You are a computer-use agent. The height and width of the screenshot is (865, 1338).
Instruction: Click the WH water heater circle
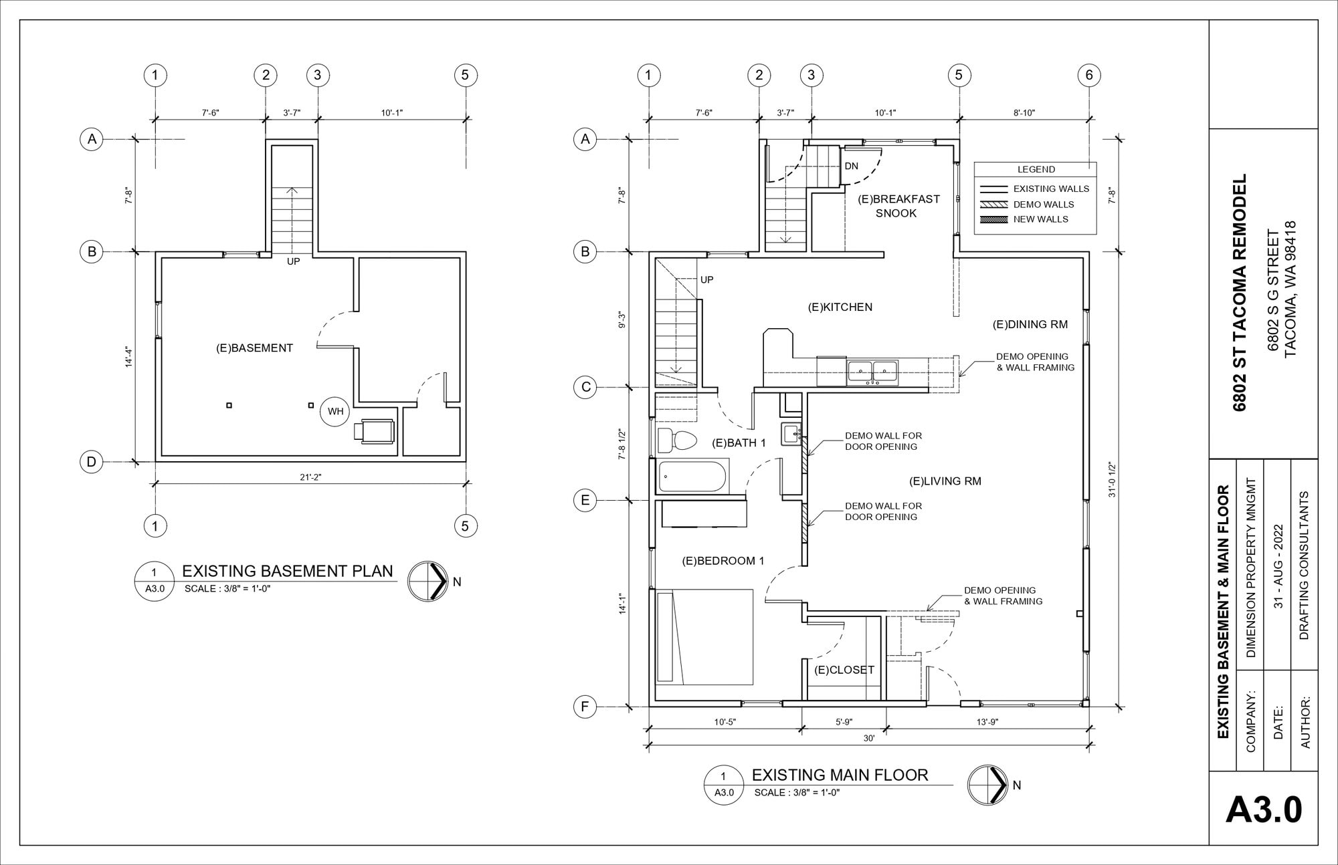click(x=335, y=411)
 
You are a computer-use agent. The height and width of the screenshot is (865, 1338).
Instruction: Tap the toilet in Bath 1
click(x=677, y=441)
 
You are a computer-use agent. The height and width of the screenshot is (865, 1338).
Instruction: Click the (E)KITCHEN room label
click(x=840, y=307)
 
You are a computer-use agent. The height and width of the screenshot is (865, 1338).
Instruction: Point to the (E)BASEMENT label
click(x=254, y=348)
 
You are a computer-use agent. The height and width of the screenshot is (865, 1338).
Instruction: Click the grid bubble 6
click(x=1088, y=75)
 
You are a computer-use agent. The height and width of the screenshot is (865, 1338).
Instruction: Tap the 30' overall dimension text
click(x=868, y=739)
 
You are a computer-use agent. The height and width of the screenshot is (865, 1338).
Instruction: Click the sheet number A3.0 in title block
click(x=1264, y=810)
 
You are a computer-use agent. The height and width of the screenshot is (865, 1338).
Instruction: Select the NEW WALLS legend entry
click(x=1040, y=219)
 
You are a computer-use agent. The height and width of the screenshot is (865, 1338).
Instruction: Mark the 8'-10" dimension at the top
click(x=1024, y=113)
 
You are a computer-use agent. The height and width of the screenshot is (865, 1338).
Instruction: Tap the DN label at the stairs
click(x=851, y=166)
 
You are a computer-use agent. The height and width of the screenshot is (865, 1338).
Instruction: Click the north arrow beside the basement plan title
click(x=427, y=580)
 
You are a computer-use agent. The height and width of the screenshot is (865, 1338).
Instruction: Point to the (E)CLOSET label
click(x=844, y=669)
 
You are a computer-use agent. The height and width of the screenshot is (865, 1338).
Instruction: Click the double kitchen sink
click(x=873, y=371)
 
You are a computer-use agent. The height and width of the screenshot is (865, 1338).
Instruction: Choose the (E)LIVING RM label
click(x=945, y=481)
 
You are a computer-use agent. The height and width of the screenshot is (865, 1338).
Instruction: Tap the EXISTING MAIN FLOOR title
click(x=840, y=775)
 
